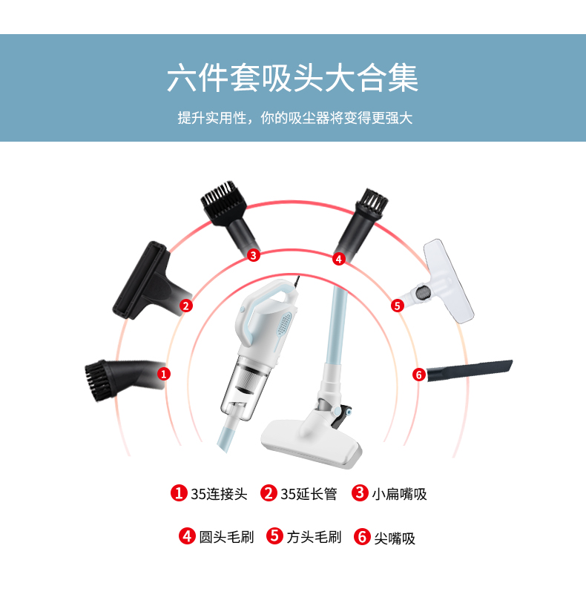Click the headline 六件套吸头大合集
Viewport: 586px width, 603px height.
click(x=292, y=79)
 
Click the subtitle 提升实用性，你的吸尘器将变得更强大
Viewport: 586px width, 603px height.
click(x=295, y=118)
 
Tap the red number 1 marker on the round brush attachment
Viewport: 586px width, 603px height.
click(x=164, y=374)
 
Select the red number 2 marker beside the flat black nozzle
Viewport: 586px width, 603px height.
click(x=186, y=306)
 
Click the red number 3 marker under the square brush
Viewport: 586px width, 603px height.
click(x=253, y=255)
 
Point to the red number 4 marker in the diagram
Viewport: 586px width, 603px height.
click(x=339, y=259)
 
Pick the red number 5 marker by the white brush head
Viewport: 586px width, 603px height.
click(x=397, y=306)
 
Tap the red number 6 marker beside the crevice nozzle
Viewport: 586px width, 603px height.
click(x=419, y=375)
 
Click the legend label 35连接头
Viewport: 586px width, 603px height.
click(x=219, y=494)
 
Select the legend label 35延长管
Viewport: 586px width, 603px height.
click(x=309, y=494)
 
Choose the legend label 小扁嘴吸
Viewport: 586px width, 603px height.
click(x=399, y=494)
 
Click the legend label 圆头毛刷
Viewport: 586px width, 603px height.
click(x=226, y=537)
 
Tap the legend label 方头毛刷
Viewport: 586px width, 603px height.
click(x=314, y=537)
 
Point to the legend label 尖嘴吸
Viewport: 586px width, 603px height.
click(x=395, y=538)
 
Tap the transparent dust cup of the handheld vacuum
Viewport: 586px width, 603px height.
click(x=243, y=388)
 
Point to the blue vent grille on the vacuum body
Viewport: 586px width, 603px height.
click(x=284, y=324)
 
